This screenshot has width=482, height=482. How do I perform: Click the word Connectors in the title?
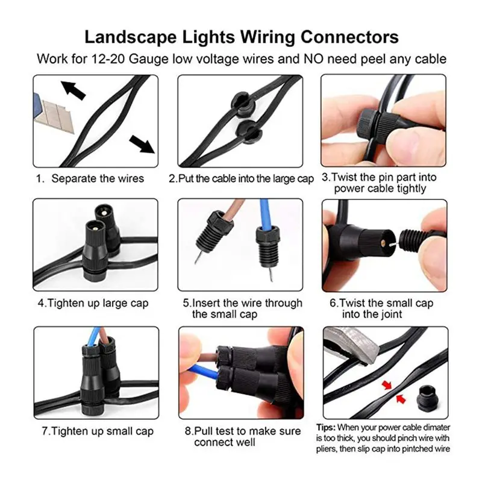pyautogui.click(x=349, y=37)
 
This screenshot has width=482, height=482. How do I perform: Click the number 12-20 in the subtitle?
pyautogui.click(x=108, y=58)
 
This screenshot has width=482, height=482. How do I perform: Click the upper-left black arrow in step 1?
pyautogui.click(x=73, y=90)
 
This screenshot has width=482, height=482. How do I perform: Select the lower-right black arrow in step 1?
pyautogui.click(x=142, y=144)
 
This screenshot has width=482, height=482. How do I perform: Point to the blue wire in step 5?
pyautogui.click(x=264, y=214)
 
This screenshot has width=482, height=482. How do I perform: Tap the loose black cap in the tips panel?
pyautogui.click(x=427, y=399)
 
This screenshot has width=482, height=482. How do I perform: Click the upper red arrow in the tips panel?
pyautogui.click(x=387, y=384)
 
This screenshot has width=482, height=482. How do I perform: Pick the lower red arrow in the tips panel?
pyautogui.click(x=401, y=399)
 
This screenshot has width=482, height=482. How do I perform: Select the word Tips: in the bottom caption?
pyautogui.click(x=326, y=428)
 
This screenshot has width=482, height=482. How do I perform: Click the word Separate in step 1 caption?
pyautogui.click(x=73, y=178)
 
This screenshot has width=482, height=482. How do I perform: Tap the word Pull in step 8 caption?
pyautogui.click(x=204, y=431)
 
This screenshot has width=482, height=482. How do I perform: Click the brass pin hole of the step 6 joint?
pyautogui.click(x=383, y=243)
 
